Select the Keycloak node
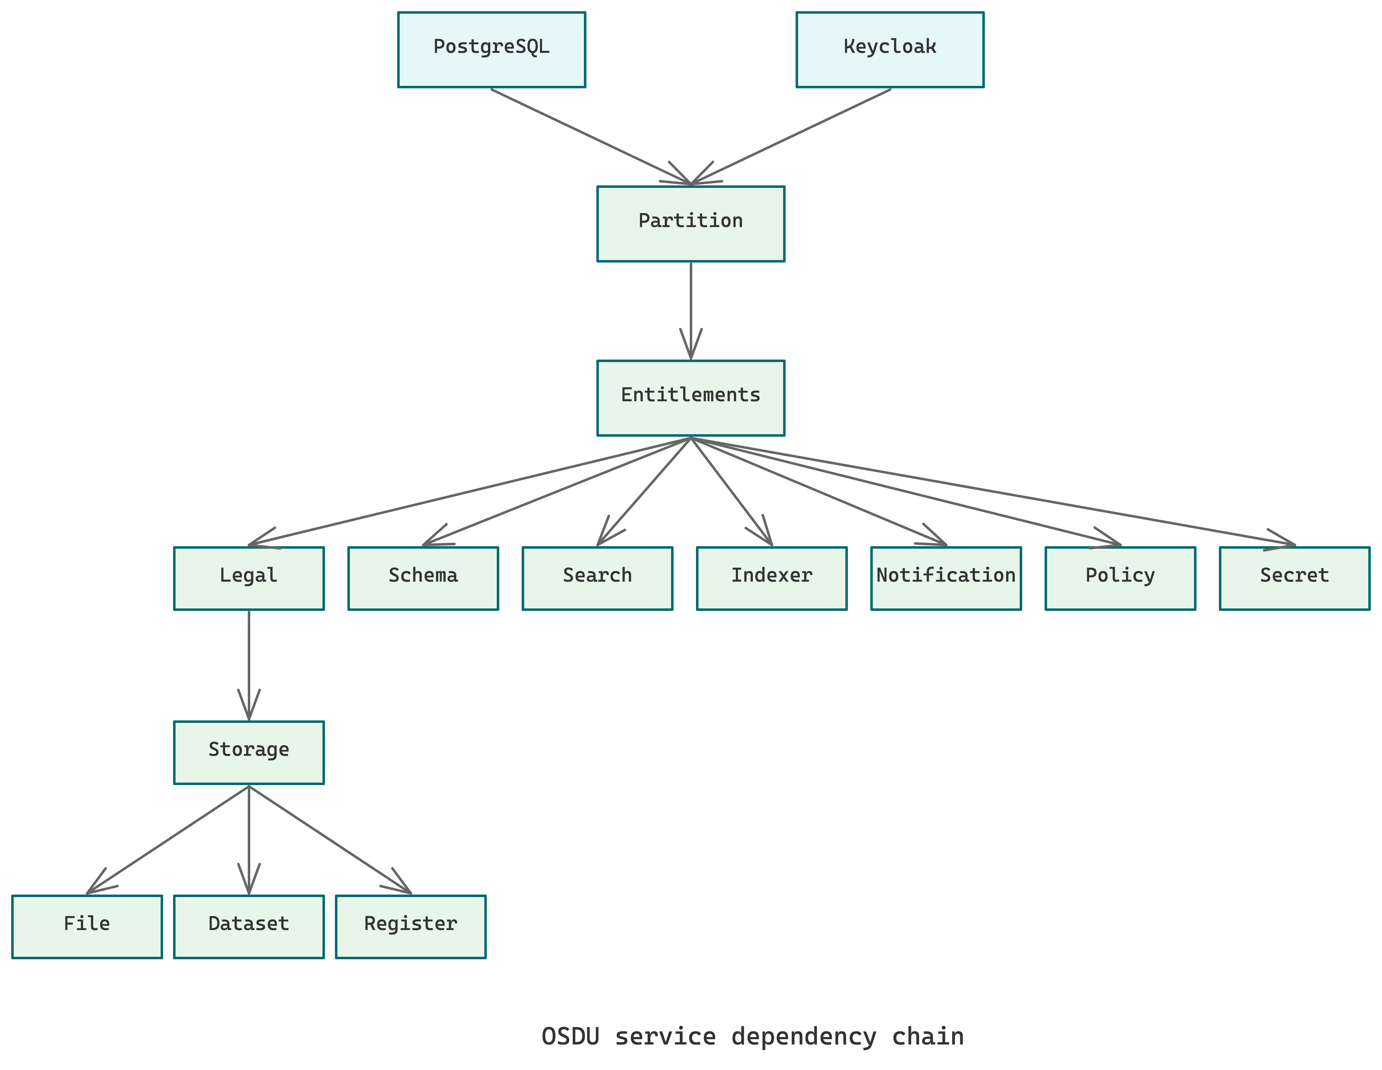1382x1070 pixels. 890,49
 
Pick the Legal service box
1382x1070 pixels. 249,578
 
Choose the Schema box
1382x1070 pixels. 423,578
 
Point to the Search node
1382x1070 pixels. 597,578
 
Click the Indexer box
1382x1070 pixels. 771,578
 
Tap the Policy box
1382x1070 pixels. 1120,578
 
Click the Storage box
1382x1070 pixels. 249,752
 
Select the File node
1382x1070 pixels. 87,926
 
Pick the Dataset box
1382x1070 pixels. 249,926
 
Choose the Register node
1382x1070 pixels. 411,926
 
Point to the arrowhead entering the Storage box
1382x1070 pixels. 249,708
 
